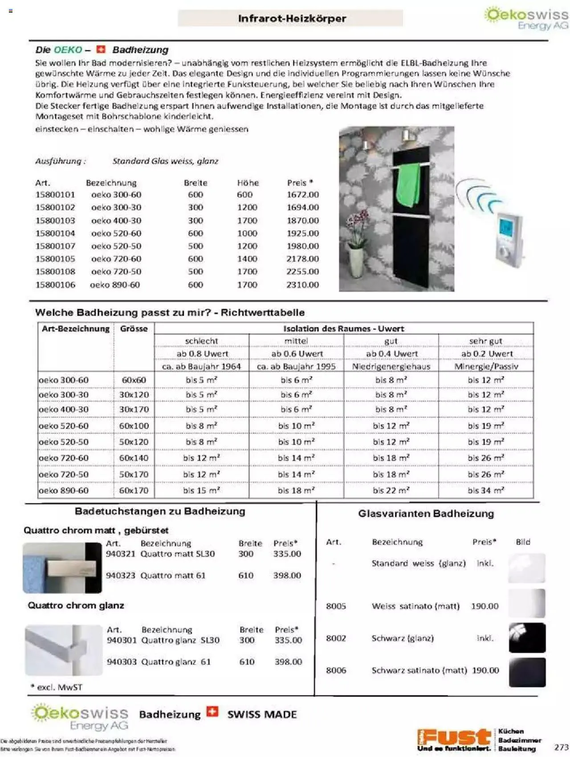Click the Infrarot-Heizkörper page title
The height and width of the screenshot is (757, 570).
point(292,19)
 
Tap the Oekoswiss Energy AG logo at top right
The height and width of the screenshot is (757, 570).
point(527,18)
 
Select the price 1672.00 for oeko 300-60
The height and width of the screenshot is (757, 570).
point(302,195)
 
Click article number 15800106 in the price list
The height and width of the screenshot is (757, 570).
point(55,285)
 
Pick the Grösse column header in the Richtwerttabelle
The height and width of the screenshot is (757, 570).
point(134,329)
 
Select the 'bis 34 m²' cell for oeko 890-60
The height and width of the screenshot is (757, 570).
point(485,491)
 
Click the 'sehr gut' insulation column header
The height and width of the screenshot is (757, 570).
point(485,341)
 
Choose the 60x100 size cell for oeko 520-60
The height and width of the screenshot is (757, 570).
point(134,426)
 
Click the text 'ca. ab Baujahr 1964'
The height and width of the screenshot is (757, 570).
point(201,366)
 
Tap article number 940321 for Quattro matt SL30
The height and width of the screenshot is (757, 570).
point(120,554)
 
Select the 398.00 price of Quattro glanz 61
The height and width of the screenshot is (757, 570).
point(288,662)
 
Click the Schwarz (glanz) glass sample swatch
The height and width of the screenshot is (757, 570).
point(527,638)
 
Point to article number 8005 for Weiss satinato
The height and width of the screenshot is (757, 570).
point(336,606)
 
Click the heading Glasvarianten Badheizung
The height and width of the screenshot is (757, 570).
point(426,514)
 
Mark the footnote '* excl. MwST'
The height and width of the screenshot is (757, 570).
point(56,687)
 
